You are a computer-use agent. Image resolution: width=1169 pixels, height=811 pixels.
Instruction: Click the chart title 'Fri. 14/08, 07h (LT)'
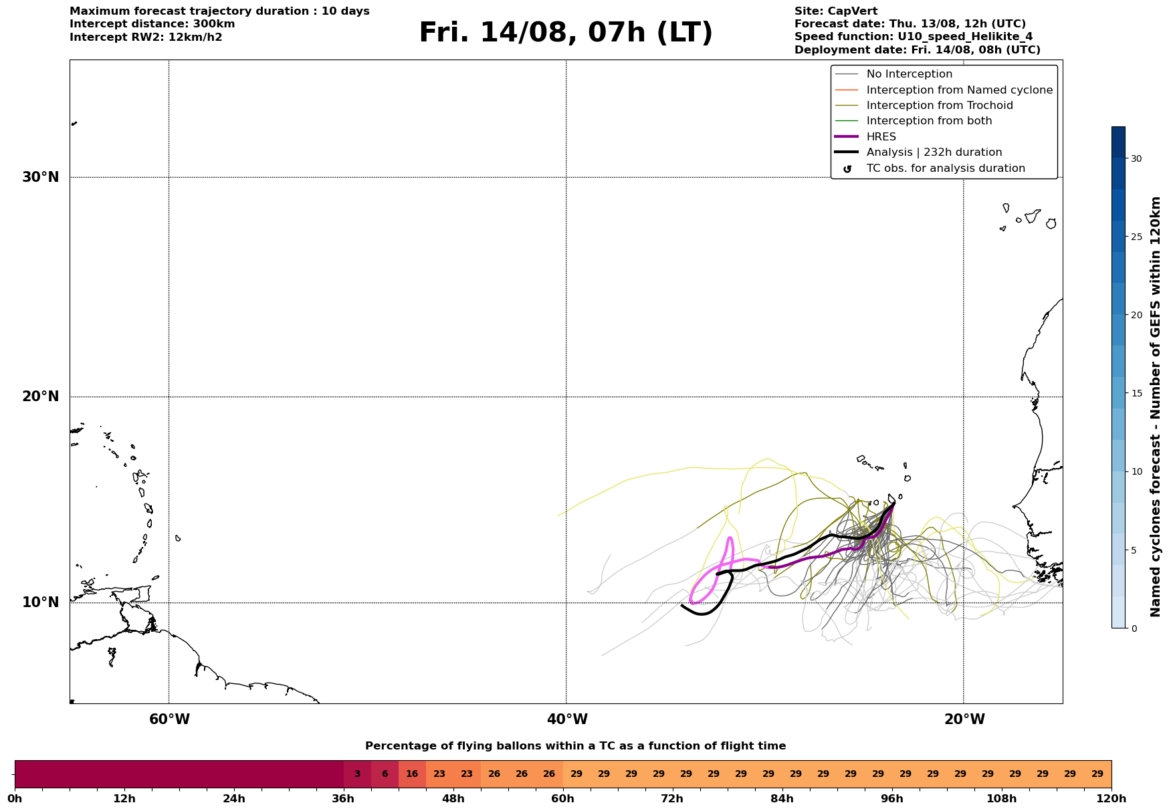point(566,33)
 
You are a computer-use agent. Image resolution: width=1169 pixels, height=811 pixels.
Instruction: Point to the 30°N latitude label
point(41,177)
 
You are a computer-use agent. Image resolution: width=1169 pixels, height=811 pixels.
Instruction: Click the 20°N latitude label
point(41,396)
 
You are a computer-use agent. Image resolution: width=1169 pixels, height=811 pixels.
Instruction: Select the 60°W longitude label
point(169,719)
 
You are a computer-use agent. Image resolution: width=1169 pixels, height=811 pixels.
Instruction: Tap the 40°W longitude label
point(567,719)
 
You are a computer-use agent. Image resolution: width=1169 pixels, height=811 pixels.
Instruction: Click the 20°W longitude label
point(964,719)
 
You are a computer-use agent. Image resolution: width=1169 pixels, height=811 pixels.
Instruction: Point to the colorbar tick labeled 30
point(1136,158)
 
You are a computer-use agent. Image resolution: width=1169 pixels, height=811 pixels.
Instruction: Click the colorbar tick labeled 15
point(1136,393)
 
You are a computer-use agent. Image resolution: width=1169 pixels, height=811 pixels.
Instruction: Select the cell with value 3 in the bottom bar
point(357,774)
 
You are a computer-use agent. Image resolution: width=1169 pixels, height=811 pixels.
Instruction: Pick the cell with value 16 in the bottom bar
point(412,774)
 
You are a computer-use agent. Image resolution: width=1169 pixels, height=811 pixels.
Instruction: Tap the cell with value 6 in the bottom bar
point(385,774)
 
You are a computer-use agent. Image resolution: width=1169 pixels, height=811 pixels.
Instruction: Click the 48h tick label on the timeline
point(453,799)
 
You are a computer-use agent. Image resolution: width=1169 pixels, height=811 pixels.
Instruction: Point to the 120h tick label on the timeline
point(1111,799)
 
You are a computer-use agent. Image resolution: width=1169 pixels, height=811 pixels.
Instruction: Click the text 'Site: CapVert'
point(836,11)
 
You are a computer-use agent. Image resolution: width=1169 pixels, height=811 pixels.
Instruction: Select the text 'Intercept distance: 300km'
point(152,24)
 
